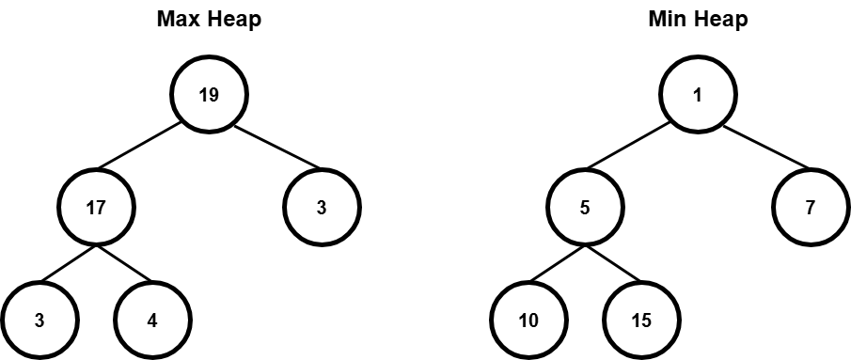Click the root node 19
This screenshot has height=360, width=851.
pyautogui.click(x=209, y=95)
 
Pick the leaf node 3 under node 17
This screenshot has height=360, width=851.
pyautogui.click(x=39, y=320)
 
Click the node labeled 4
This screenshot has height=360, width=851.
pyautogui.click(x=152, y=320)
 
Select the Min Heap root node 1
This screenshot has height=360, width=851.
pyautogui.click(x=697, y=95)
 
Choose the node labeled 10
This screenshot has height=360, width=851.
pyautogui.click(x=528, y=320)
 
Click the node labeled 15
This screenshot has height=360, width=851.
pyautogui.click(x=640, y=320)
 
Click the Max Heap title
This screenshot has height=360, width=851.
pyautogui.click(x=209, y=20)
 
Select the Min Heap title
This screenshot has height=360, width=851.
pyautogui.click(x=697, y=20)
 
